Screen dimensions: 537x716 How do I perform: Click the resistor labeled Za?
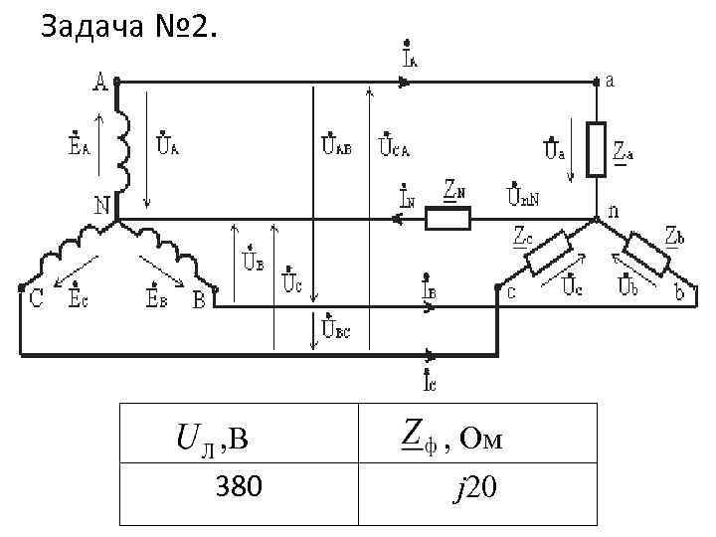[597, 149]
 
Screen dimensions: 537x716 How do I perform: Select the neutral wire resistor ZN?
[448, 218]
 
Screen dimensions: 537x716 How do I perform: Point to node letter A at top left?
[100, 83]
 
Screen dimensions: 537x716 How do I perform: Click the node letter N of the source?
[101, 205]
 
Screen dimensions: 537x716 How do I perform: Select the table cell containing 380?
[239, 487]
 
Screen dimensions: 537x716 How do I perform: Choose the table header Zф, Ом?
[452, 436]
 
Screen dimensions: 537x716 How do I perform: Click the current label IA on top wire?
[410, 56]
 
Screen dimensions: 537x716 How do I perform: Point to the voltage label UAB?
[334, 147]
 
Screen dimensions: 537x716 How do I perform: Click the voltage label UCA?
[394, 147]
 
